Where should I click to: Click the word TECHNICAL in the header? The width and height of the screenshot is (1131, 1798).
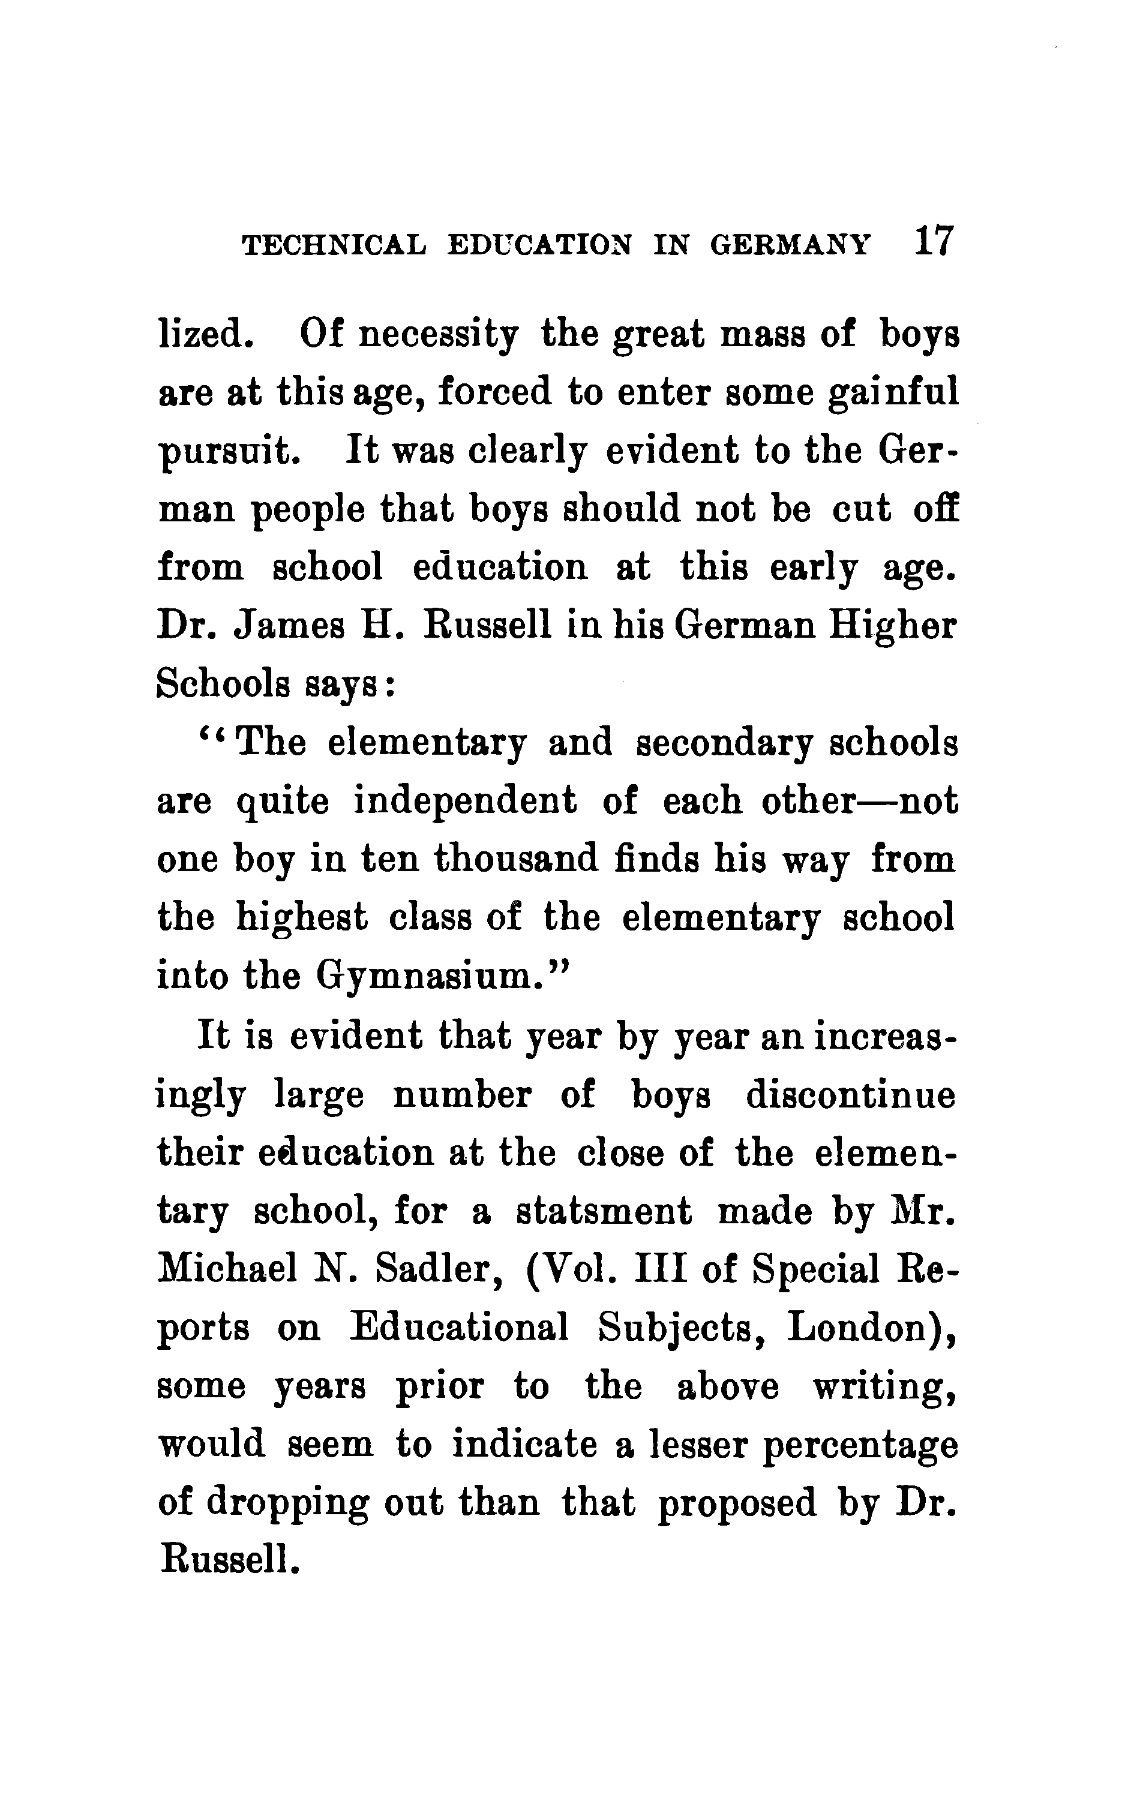point(334,245)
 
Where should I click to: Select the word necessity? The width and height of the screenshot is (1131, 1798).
point(438,336)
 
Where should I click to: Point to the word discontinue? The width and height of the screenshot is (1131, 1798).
point(850,1095)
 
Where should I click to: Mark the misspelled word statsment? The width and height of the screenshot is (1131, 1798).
point(604,1212)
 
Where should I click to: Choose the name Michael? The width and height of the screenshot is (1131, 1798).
point(229,1269)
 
